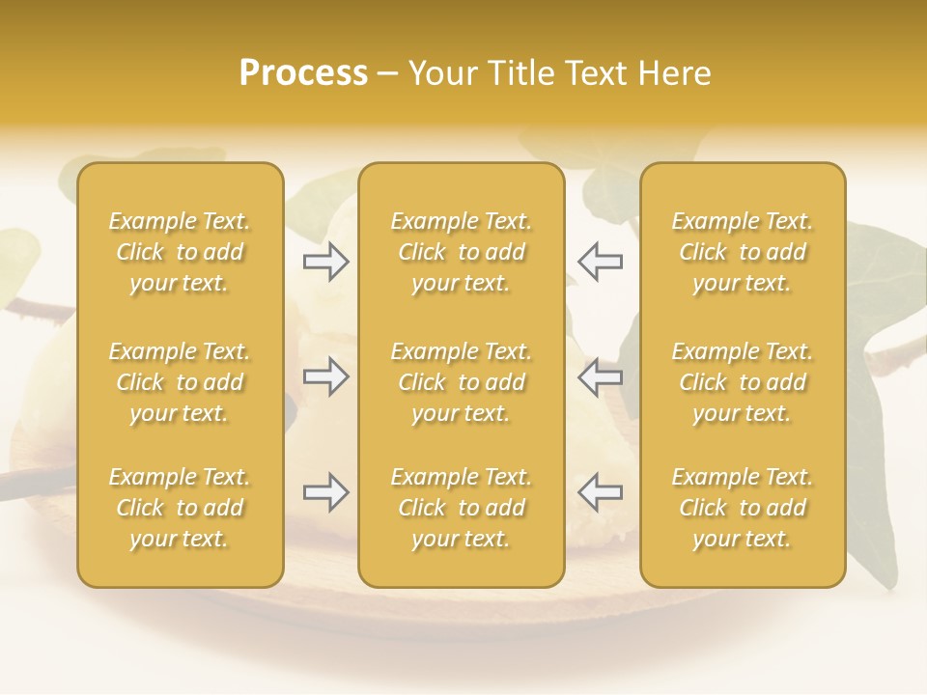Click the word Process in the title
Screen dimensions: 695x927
tap(303, 73)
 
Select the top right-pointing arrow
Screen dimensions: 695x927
tap(326, 262)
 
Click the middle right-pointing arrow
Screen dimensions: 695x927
tap(326, 376)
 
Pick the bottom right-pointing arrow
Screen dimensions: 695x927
tap(326, 492)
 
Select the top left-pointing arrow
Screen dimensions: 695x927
tap(600, 262)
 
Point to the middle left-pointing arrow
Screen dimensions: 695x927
tap(600, 376)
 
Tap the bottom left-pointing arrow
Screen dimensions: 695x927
tap(600, 492)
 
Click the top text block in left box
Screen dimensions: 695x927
tap(180, 252)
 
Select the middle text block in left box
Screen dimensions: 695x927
tap(180, 382)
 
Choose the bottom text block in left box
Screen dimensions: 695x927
tap(180, 508)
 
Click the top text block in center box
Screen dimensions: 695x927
tap(461, 252)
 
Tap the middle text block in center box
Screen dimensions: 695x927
tap(461, 382)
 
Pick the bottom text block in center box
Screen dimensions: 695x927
tap(461, 508)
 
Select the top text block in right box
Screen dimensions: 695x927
tap(742, 252)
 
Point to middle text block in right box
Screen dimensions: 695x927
tap(742, 382)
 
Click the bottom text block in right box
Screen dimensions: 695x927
tap(742, 508)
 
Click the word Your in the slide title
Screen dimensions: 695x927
tap(440, 73)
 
